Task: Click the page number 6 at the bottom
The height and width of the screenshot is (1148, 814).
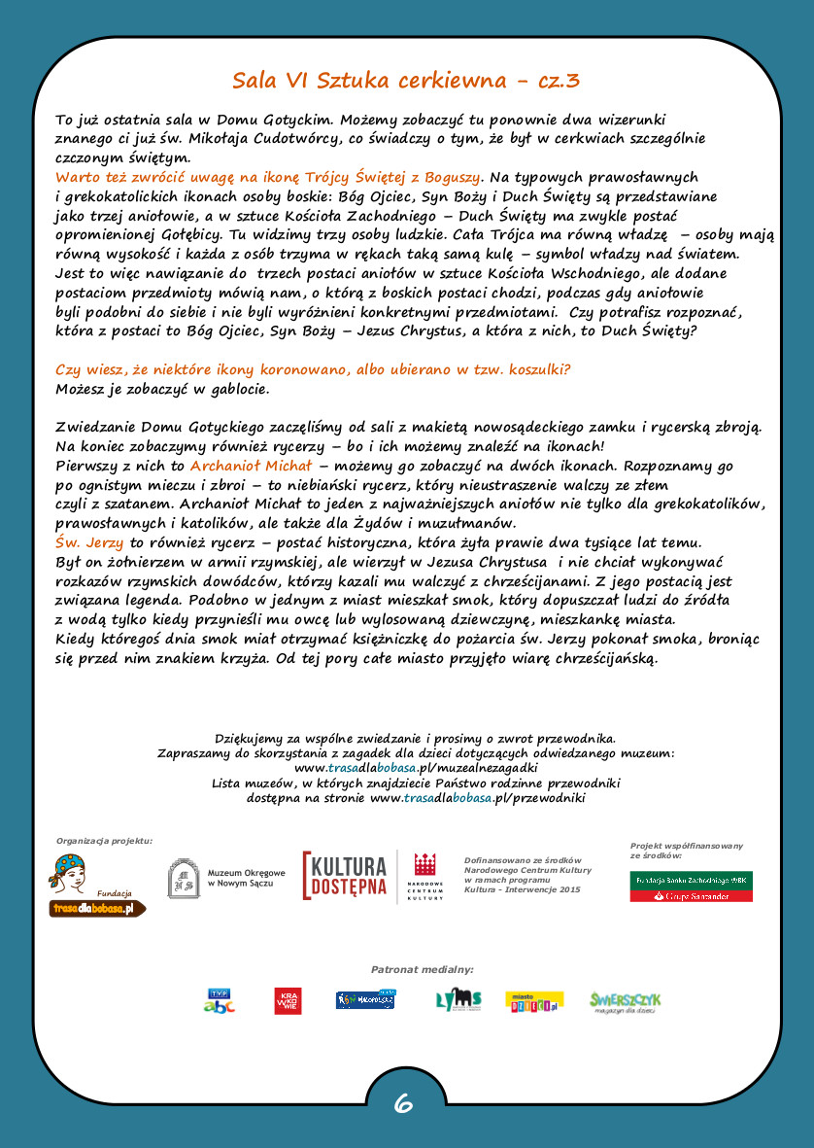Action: click(x=404, y=1103)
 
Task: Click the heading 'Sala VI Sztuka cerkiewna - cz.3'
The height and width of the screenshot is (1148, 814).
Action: click(x=406, y=81)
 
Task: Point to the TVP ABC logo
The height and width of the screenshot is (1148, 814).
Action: click(x=219, y=1000)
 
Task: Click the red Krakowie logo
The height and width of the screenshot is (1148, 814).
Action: click(x=288, y=1000)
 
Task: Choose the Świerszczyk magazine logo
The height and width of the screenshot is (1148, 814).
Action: click(x=626, y=1000)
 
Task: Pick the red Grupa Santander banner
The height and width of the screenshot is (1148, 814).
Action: click(x=691, y=895)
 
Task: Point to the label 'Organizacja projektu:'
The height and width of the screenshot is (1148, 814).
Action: click(x=104, y=840)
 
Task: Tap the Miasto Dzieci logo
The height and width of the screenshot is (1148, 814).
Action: click(x=534, y=1001)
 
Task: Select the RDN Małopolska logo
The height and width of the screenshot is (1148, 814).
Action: click(x=365, y=999)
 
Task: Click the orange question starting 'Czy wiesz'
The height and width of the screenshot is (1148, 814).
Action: click(x=313, y=370)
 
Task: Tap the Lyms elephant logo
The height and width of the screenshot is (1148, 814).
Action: click(x=458, y=999)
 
